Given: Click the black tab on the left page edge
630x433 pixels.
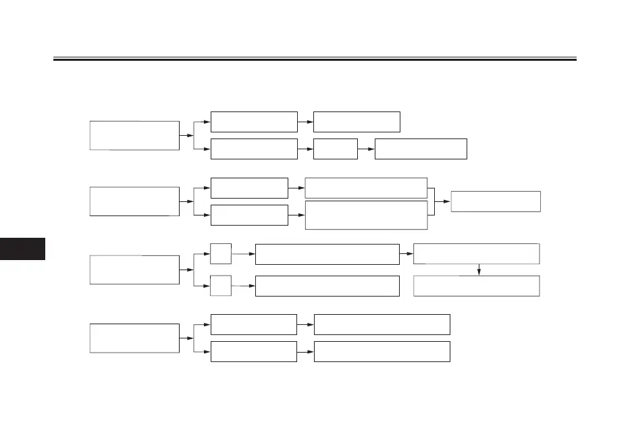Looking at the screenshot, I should click(x=22, y=249).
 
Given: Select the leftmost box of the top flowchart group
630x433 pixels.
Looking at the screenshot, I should click(x=134, y=135).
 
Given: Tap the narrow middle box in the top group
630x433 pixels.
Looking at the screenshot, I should click(x=336, y=149).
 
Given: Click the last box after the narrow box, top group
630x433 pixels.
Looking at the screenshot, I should click(x=421, y=149).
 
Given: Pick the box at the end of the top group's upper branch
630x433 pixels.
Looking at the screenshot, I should click(x=357, y=122).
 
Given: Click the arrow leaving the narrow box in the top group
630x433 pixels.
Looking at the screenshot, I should click(x=366, y=149).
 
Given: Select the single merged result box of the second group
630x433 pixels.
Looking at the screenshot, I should click(x=496, y=201).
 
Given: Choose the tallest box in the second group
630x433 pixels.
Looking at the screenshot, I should click(x=366, y=215).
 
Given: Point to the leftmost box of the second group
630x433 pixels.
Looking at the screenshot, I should click(x=134, y=201).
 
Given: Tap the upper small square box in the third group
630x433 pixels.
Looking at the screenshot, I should click(x=221, y=254).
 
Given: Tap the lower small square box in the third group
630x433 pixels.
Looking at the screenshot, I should click(x=221, y=285).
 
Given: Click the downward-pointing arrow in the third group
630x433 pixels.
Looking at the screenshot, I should click(x=479, y=270).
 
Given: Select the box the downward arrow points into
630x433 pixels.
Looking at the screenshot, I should click(x=476, y=286).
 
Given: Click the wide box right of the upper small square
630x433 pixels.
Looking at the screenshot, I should click(x=327, y=255).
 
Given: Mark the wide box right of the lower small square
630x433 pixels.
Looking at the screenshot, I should click(x=327, y=286).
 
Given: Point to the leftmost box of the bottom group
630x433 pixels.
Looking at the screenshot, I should click(x=134, y=338).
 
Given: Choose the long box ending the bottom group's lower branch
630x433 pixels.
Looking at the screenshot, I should click(x=382, y=351).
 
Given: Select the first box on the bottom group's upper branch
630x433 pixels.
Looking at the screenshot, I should click(x=253, y=324).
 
